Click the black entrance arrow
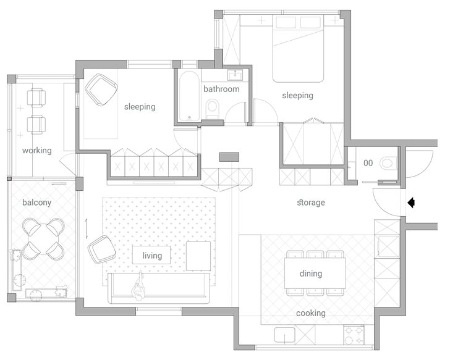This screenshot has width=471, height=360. tap(411, 203)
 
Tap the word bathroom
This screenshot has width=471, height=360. tap(221, 89)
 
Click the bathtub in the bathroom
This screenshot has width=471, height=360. tap(189, 96)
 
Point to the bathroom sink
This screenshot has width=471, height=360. tap(235, 75)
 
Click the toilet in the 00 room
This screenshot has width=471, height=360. tap(388, 164)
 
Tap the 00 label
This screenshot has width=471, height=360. tap(368, 163)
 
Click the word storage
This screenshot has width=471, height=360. tap(311, 203)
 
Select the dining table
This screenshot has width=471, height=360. tap(315, 273)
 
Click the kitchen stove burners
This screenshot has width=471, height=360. tap(354, 335)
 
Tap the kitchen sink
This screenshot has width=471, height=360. tap(284, 335)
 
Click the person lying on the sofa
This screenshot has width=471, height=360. tap(138, 286)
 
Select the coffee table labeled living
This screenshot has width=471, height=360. tap(151, 255)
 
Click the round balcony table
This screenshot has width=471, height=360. tap(43, 240)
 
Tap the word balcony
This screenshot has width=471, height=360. tap(36, 203)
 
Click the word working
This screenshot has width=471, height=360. tap(36, 150)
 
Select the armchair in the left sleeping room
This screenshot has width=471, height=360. tap(101, 90)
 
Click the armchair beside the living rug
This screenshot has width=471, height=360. tap(101, 249)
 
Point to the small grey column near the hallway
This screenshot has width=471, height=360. tap(229, 157)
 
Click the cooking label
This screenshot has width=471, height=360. tap(310, 313)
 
